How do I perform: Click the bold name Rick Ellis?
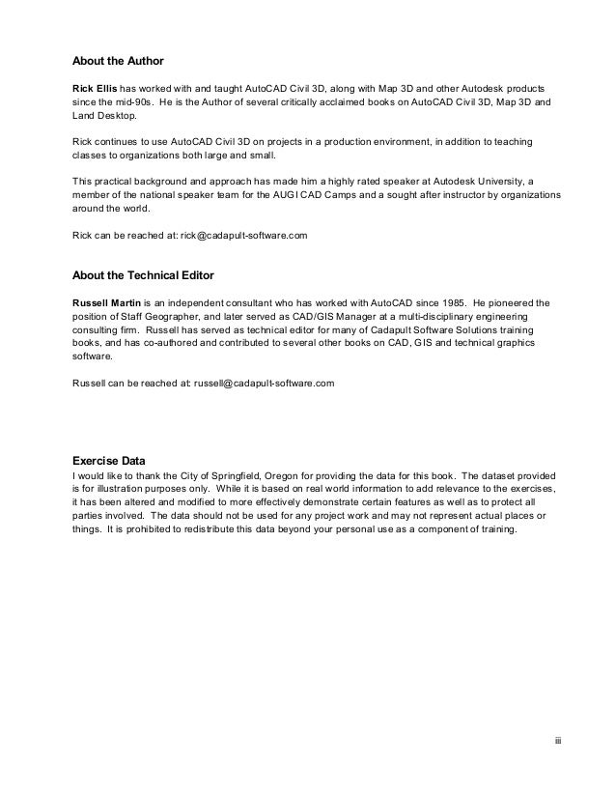tap(95, 86)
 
